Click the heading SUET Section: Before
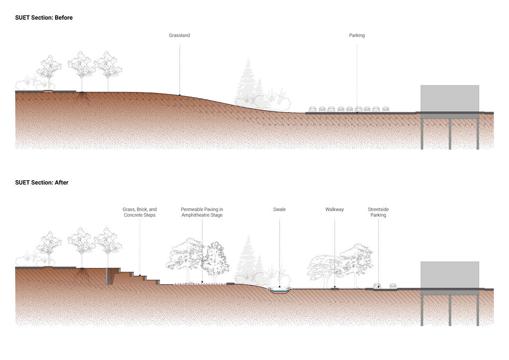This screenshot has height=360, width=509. point(44,18)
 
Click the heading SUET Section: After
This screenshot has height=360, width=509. point(42,183)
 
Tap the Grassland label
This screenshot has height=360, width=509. point(179,35)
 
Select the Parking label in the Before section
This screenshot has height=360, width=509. point(357,35)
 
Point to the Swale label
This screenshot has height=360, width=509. point(279,210)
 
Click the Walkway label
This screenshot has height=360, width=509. point(334,210)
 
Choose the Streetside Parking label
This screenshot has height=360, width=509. point(378,212)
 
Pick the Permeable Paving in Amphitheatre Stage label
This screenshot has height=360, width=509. point(202,212)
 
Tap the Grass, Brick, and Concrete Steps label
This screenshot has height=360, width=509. point(140,212)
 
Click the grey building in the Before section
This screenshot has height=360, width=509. point(449,98)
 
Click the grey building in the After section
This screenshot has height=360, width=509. point(449,274)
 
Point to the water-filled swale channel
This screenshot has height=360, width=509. point(279,290)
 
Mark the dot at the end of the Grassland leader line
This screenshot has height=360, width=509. point(180,95)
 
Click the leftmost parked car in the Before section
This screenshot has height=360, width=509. point(313,110)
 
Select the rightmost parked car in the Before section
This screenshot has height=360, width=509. point(385,110)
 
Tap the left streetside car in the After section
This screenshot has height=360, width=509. point(378,286)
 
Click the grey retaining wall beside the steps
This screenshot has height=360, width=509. point(108,276)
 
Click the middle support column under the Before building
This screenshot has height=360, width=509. point(450,134)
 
